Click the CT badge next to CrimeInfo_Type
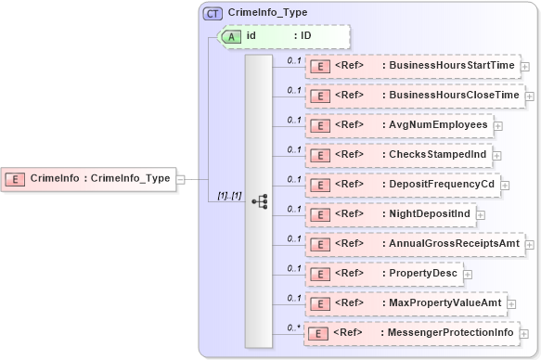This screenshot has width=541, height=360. pos(213,13)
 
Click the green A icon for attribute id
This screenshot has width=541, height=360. pos(234,36)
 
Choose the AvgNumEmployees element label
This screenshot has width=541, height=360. pos(438,124)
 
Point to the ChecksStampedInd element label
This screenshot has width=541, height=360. pos(438,154)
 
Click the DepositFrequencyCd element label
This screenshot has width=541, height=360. pos(442,184)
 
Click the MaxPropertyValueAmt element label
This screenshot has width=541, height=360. pos(446,303)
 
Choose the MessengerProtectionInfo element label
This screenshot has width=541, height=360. pos(450,332)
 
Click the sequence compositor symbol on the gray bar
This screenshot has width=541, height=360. pos(260,200)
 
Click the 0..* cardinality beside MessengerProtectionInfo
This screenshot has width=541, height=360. pos(294,327)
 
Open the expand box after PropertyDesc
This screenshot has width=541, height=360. pos(468,275)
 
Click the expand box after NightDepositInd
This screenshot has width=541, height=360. pos(480,215)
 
